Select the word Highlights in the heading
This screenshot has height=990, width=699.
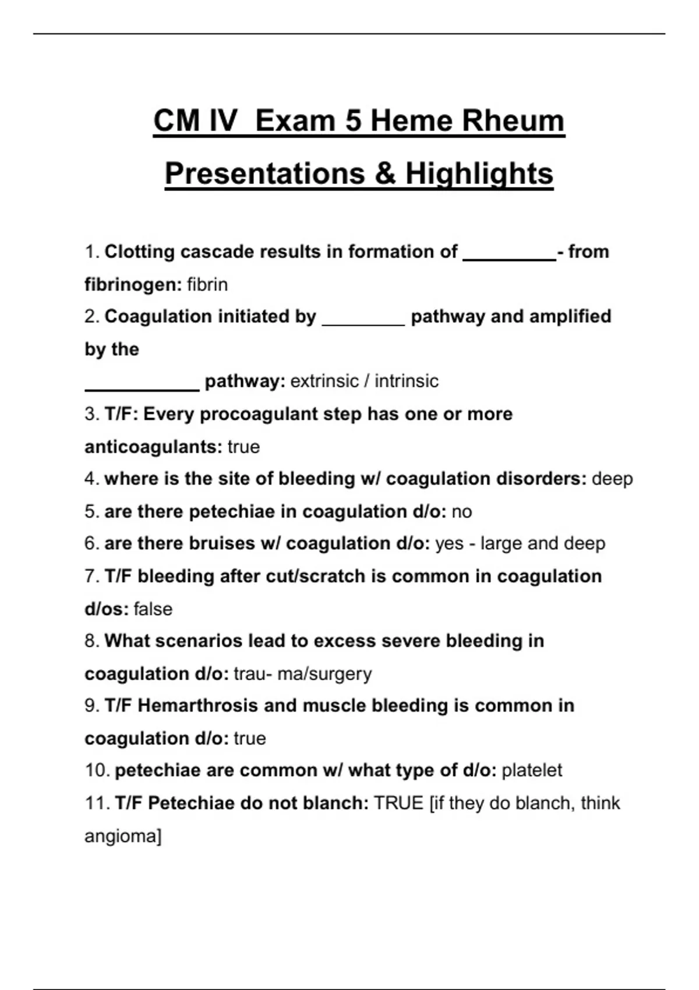pyautogui.click(x=480, y=174)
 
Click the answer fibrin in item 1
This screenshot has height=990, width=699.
pyautogui.click(x=207, y=285)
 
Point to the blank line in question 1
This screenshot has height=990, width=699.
pyautogui.click(x=509, y=260)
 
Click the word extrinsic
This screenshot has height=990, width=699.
pyautogui.click(x=324, y=381)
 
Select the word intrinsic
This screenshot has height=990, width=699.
pyautogui.click(x=407, y=381)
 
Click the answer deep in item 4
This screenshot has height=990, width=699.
pyautogui.click(x=612, y=479)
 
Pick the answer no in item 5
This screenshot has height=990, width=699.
pyautogui.click(x=461, y=512)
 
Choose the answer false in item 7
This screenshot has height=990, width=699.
pyautogui.click(x=153, y=609)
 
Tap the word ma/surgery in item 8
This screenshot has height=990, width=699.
pyautogui.click(x=324, y=674)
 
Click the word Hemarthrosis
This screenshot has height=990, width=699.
pyautogui.click(x=197, y=706)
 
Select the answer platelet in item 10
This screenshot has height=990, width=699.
pyautogui.click(x=532, y=771)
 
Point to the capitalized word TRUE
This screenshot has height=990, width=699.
pyautogui.click(x=399, y=803)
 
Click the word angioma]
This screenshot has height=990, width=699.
pyautogui.click(x=123, y=837)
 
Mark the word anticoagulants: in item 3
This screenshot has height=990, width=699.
pyautogui.click(x=153, y=447)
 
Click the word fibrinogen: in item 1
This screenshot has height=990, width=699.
pyautogui.click(x=133, y=285)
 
